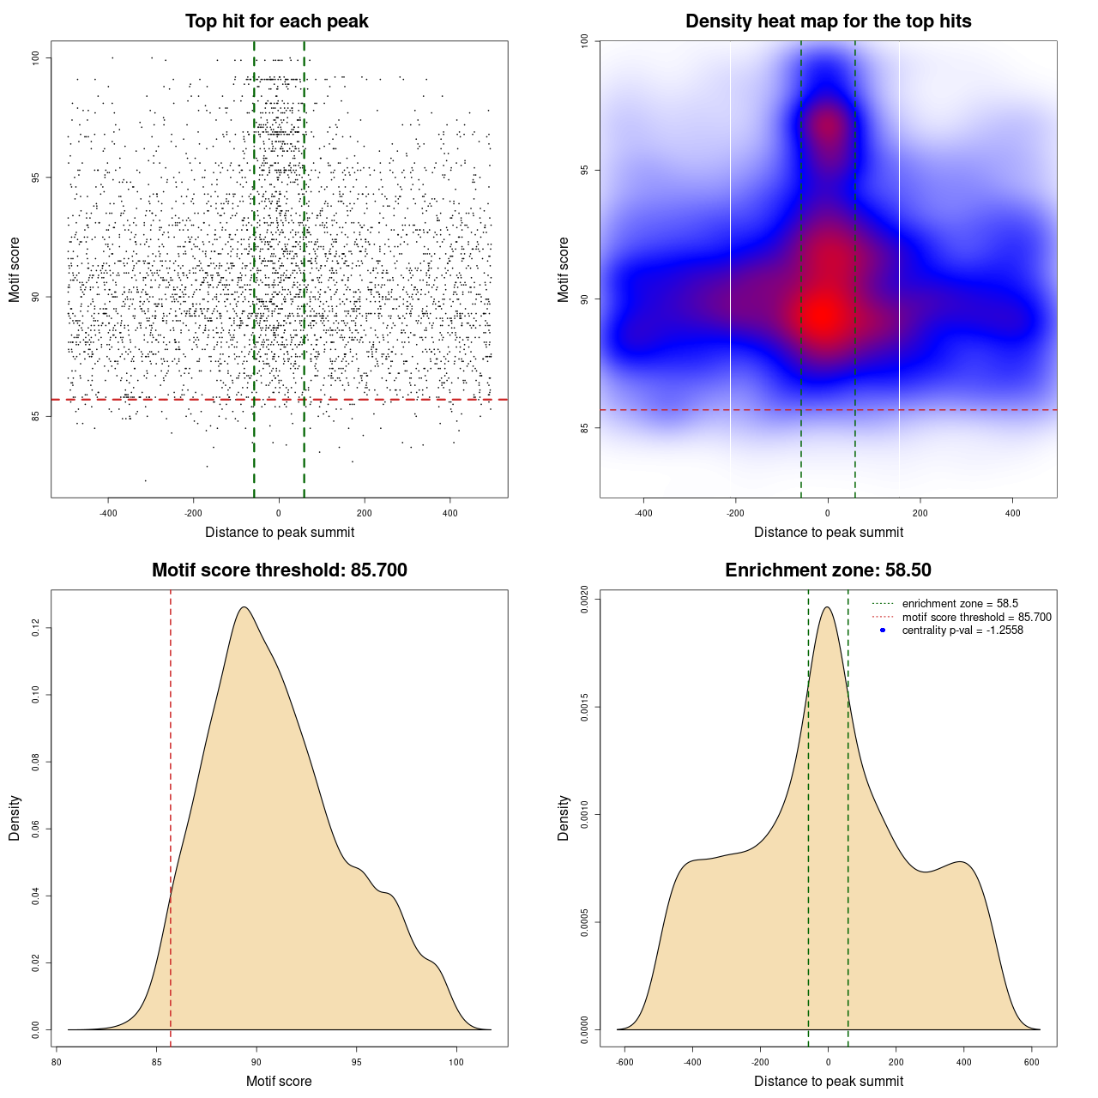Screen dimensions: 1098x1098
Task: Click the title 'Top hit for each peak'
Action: point(276,21)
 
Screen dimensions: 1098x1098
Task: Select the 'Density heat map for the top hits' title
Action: point(828,21)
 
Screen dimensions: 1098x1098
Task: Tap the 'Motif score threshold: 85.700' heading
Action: point(279,570)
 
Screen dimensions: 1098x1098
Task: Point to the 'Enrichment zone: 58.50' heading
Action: point(828,570)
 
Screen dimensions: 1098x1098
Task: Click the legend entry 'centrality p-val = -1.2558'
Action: point(962,630)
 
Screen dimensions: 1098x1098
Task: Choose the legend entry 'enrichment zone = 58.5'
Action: point(960,604)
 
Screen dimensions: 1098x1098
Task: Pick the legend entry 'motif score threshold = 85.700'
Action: point(976,618)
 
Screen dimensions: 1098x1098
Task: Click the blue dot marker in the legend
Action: point(883,630)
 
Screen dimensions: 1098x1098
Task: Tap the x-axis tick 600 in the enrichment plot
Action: point(1032,1062)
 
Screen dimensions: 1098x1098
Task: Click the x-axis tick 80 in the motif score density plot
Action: point(57,1062)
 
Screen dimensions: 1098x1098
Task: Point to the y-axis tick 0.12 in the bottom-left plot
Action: point(35,629)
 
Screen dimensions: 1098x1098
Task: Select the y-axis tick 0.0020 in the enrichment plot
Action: point(584,600)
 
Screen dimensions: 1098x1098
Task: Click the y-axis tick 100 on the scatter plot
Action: point(35,57)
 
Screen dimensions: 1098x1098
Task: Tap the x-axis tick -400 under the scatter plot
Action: point(108,513)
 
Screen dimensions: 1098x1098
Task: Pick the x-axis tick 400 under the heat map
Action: point(1013,513)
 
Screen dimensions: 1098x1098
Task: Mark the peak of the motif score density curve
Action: point(244,607)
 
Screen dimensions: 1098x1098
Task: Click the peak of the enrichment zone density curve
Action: point(827,607)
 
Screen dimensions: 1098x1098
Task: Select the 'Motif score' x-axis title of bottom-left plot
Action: point(279,1081)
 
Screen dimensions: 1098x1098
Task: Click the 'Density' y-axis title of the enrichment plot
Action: point(564,817)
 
